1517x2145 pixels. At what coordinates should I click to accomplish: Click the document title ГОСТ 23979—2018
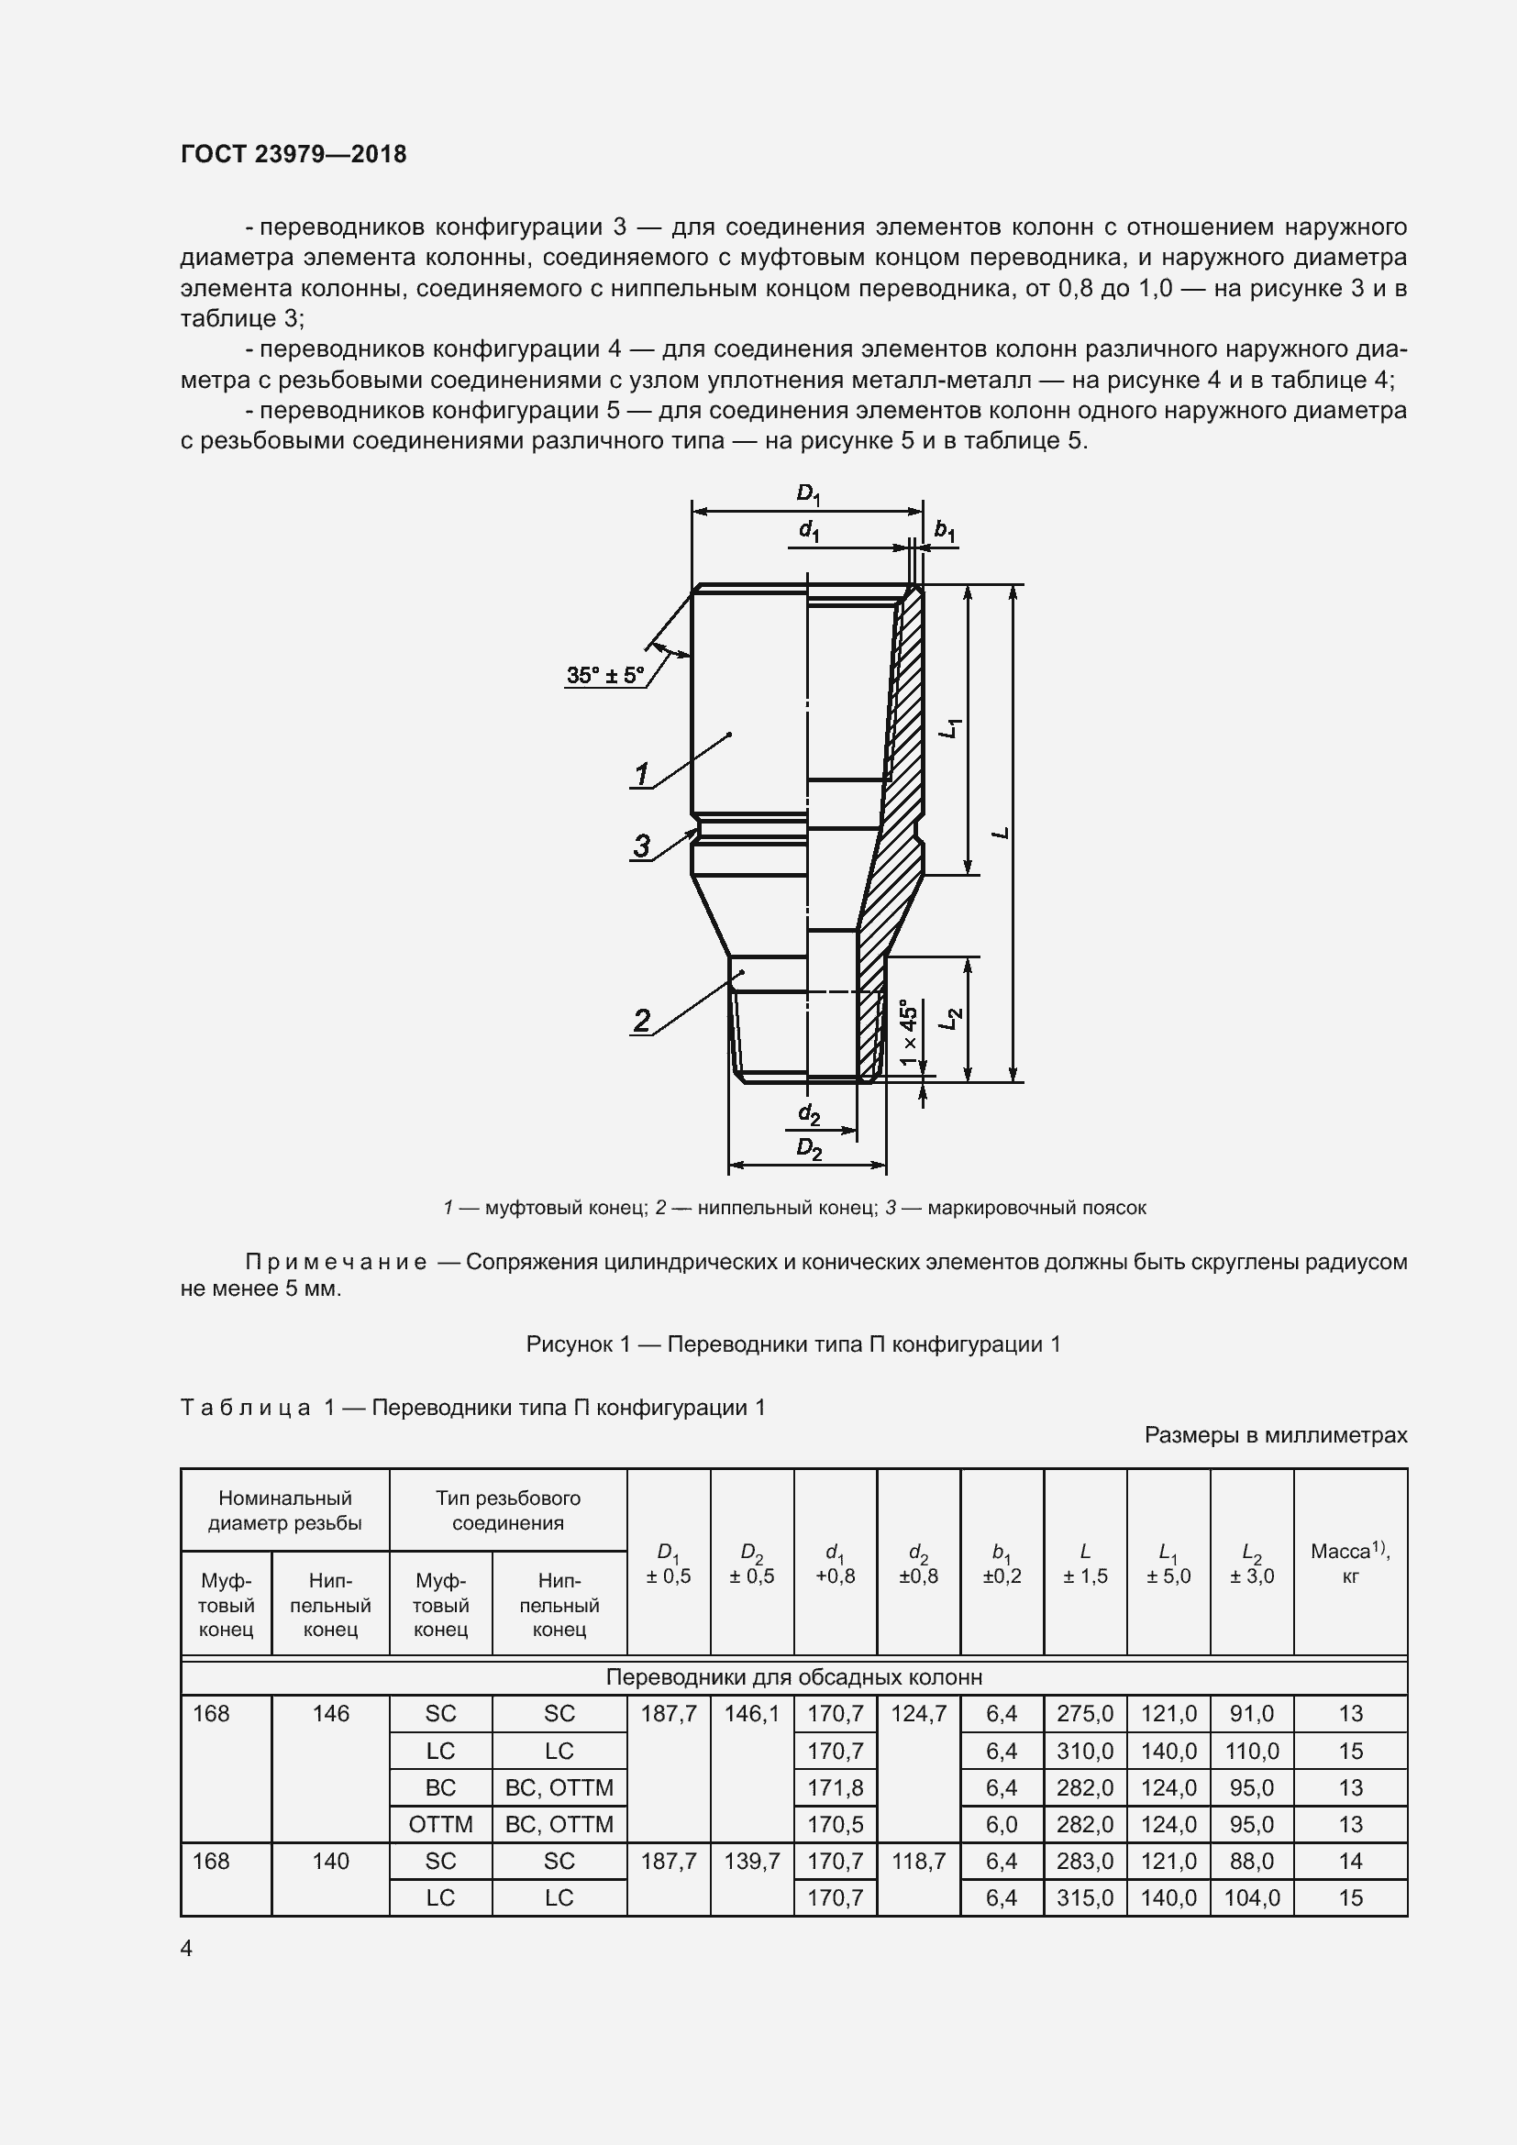tap(293, 154)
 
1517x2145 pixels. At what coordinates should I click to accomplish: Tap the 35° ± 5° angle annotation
tap(605, 675)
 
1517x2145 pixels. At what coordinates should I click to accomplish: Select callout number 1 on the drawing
tap(642, 775)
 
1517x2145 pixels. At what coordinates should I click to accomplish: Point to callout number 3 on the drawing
tap(642, 846)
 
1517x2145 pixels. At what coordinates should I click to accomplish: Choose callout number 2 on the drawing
tap(642, 1020)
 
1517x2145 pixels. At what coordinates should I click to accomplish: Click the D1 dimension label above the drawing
tap(808, 494)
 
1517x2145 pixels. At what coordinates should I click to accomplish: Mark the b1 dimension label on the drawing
tap(946, 531)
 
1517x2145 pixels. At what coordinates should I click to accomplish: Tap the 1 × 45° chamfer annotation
tap(908, 1034)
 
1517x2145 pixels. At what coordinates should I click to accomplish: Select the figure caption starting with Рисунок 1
tap(793, 1344)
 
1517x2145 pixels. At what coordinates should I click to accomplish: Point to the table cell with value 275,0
tap(1084, 1713)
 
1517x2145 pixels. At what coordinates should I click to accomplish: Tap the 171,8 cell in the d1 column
tap(836, 1787)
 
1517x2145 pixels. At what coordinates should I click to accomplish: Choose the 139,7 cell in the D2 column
tap(752, 1861)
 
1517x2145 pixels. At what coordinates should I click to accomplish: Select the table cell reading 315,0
tap(1084, 1897)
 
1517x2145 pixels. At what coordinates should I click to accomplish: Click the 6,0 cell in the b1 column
tap(1002, 1824)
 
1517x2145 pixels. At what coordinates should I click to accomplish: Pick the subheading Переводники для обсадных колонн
tap(793, 1677)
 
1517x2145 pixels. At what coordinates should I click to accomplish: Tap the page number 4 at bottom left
tap(187, 1948)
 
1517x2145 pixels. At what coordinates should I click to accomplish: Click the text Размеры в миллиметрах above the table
tap(1275, 1435)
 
